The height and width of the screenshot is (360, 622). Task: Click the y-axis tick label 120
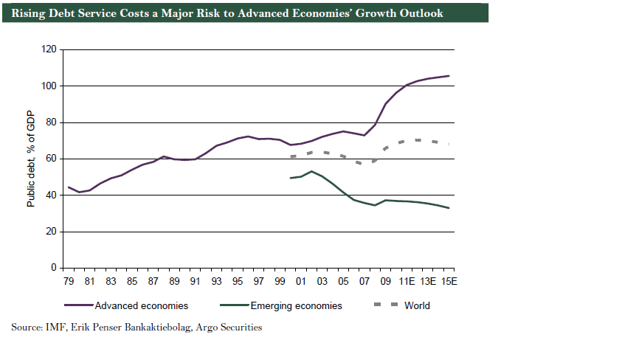click(49, 49)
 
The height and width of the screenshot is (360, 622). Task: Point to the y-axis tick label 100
click(49, 86)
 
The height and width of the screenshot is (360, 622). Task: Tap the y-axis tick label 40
click(52, 195)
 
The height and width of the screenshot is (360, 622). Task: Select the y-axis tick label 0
click(54, 268)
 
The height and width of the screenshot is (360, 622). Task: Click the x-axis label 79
click(68, 282)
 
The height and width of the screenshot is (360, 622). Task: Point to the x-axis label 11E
click(405, 282)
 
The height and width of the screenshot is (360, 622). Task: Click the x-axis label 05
click(343, 282)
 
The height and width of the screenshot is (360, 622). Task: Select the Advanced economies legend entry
click(140, 305)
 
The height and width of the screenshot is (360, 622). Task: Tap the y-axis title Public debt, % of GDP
click(32, 159)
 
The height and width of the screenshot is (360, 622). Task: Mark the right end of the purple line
click(449, 76)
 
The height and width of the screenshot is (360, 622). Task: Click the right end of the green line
click(449, 208)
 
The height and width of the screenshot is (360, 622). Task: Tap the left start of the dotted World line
click(291, 156)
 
